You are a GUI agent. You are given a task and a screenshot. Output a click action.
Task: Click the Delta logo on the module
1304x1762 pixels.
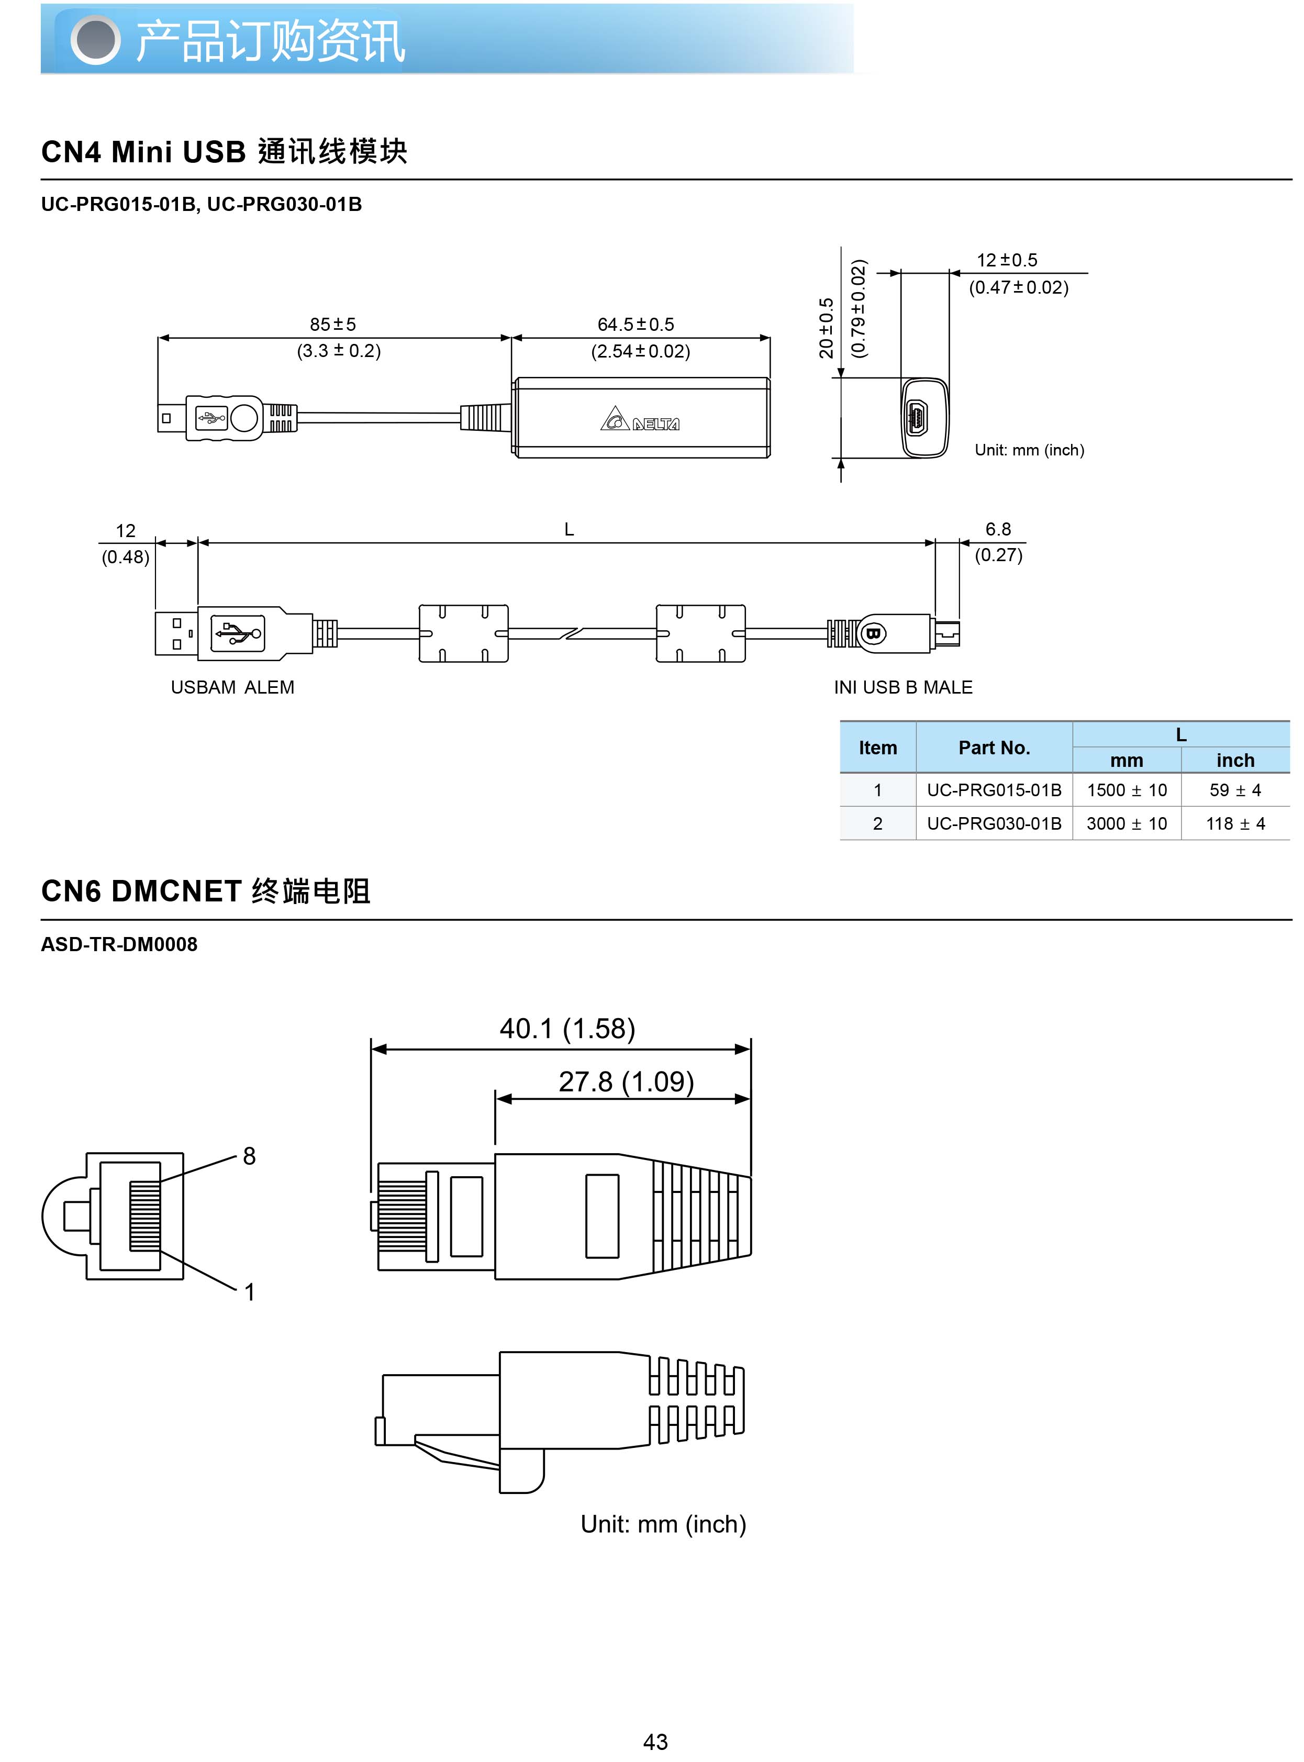click(639, 420)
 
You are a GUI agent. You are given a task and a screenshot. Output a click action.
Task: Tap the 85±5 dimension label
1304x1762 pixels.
click(332, 325)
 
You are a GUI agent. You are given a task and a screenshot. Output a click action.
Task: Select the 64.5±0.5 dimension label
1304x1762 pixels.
click(636, 325)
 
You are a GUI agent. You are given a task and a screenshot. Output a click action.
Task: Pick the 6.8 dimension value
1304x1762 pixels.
click(998, 529)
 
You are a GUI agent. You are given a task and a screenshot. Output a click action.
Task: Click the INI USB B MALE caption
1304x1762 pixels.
click(903, 688)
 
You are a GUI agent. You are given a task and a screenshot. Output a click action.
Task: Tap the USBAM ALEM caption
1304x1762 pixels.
click(232, 688)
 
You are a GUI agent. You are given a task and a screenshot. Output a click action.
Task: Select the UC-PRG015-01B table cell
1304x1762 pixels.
click(994, 790)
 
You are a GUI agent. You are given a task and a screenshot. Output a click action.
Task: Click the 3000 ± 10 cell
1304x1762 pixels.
click(1127, 824)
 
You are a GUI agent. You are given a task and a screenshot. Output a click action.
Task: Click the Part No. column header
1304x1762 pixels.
click(994, 748)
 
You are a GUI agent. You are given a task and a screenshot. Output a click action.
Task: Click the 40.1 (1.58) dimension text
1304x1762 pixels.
click(567, 1029)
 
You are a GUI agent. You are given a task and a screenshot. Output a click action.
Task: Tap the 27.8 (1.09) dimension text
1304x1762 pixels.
click(626, 1081)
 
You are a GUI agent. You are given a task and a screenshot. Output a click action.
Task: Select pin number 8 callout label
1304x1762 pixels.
click(249, 1156)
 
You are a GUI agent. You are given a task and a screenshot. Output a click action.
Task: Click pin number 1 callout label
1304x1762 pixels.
click(249, 1292)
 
